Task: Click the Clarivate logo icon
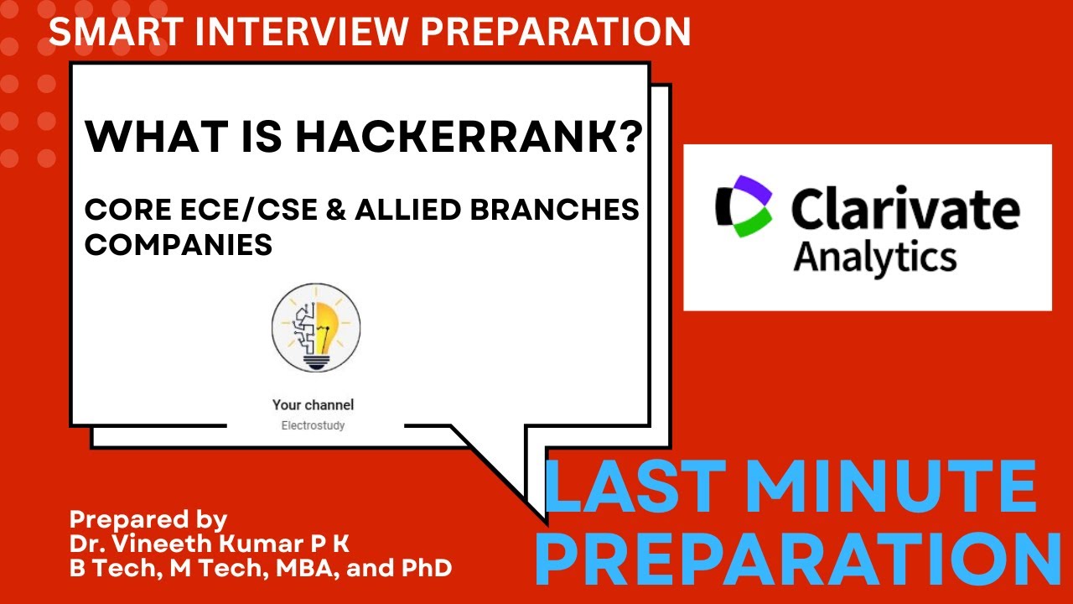point(743,206)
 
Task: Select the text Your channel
point(313,404)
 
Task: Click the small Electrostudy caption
point(313,425)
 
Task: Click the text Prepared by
point(148,518)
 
